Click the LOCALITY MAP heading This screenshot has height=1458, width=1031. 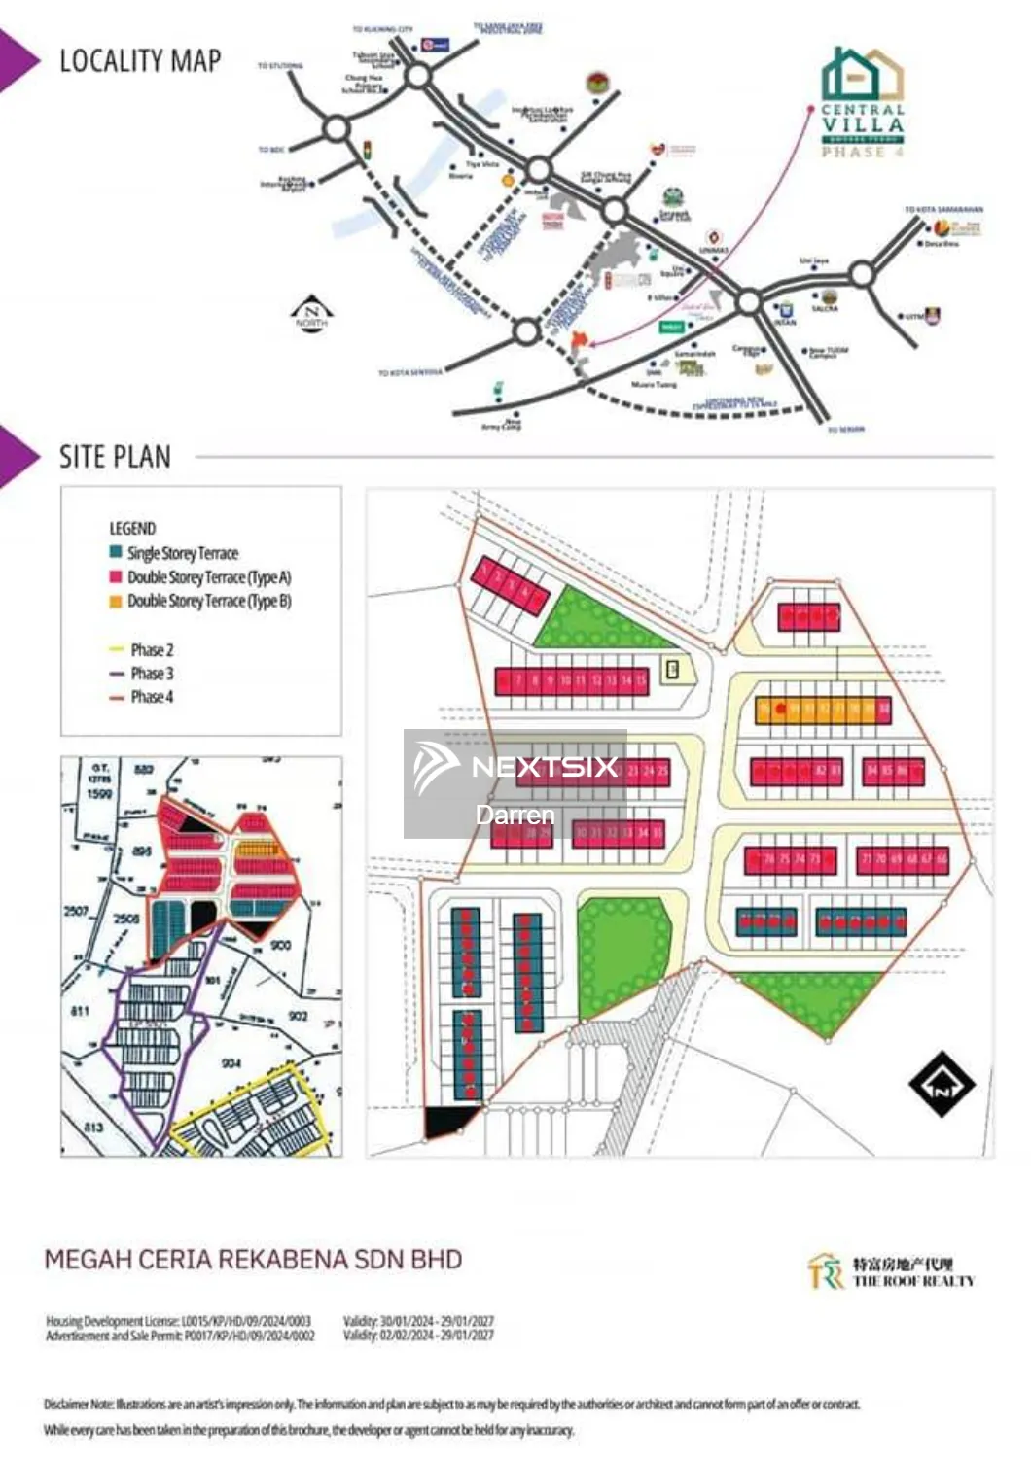[x=140, y=61]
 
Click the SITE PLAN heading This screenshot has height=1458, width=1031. [x=115, y=457]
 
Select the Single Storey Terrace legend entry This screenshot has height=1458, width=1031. [x=182, y=553]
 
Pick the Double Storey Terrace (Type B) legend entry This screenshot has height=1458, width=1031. [x=208, y=601]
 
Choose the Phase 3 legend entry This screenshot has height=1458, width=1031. [x=152, y=673]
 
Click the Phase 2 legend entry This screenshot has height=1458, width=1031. [x=152, y=649]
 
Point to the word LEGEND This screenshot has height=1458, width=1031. [x=132, y=529]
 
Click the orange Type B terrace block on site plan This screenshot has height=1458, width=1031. [x=822, y=710]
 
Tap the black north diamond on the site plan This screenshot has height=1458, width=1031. [x=941, y=1085]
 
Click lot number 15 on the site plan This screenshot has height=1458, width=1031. [x=641, y=681]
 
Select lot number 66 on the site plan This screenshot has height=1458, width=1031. [x=942, y=859]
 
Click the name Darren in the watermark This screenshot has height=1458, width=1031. [x=515, y=815]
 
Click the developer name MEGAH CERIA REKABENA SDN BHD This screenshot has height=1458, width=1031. [x=253, y=1260]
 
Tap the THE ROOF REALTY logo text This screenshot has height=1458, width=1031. [x=912, y=1281]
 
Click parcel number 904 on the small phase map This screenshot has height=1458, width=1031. [x=231, y=1063]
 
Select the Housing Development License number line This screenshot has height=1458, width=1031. [x=179, y=1321]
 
